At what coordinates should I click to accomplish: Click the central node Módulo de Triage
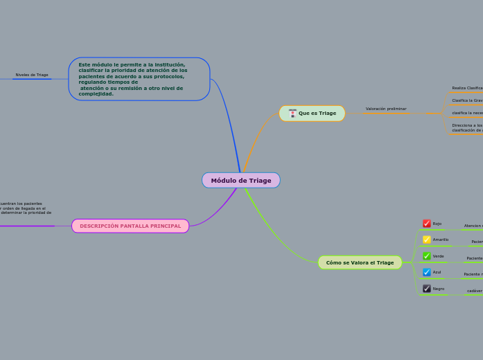(241, 181)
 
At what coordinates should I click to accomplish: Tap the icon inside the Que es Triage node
(292, 113)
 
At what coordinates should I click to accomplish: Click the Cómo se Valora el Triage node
(360, 262)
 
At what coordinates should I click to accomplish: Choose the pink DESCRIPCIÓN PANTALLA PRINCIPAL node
(130, 226)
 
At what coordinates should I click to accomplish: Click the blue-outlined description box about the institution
(139, 79)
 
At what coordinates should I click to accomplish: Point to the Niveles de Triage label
(32, 75)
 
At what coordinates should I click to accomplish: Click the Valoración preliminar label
(386, 109)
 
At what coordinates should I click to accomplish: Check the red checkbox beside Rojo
(427, 224)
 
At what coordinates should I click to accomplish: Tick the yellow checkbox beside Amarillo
(427, 240)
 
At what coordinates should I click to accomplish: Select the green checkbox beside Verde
(427, 256)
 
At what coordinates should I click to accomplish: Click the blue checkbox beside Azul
(427, 272)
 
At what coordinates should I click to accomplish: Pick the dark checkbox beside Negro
(427, 289)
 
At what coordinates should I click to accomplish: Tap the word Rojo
(437, 224)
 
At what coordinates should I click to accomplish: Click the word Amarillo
(441, 240)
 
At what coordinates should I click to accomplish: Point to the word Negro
(439, 289)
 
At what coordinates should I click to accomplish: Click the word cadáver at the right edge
(475, 291)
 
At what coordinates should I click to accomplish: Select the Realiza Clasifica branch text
(467, 88)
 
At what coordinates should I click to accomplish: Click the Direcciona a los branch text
(467, 125)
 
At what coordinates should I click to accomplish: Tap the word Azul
(437, 272)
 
